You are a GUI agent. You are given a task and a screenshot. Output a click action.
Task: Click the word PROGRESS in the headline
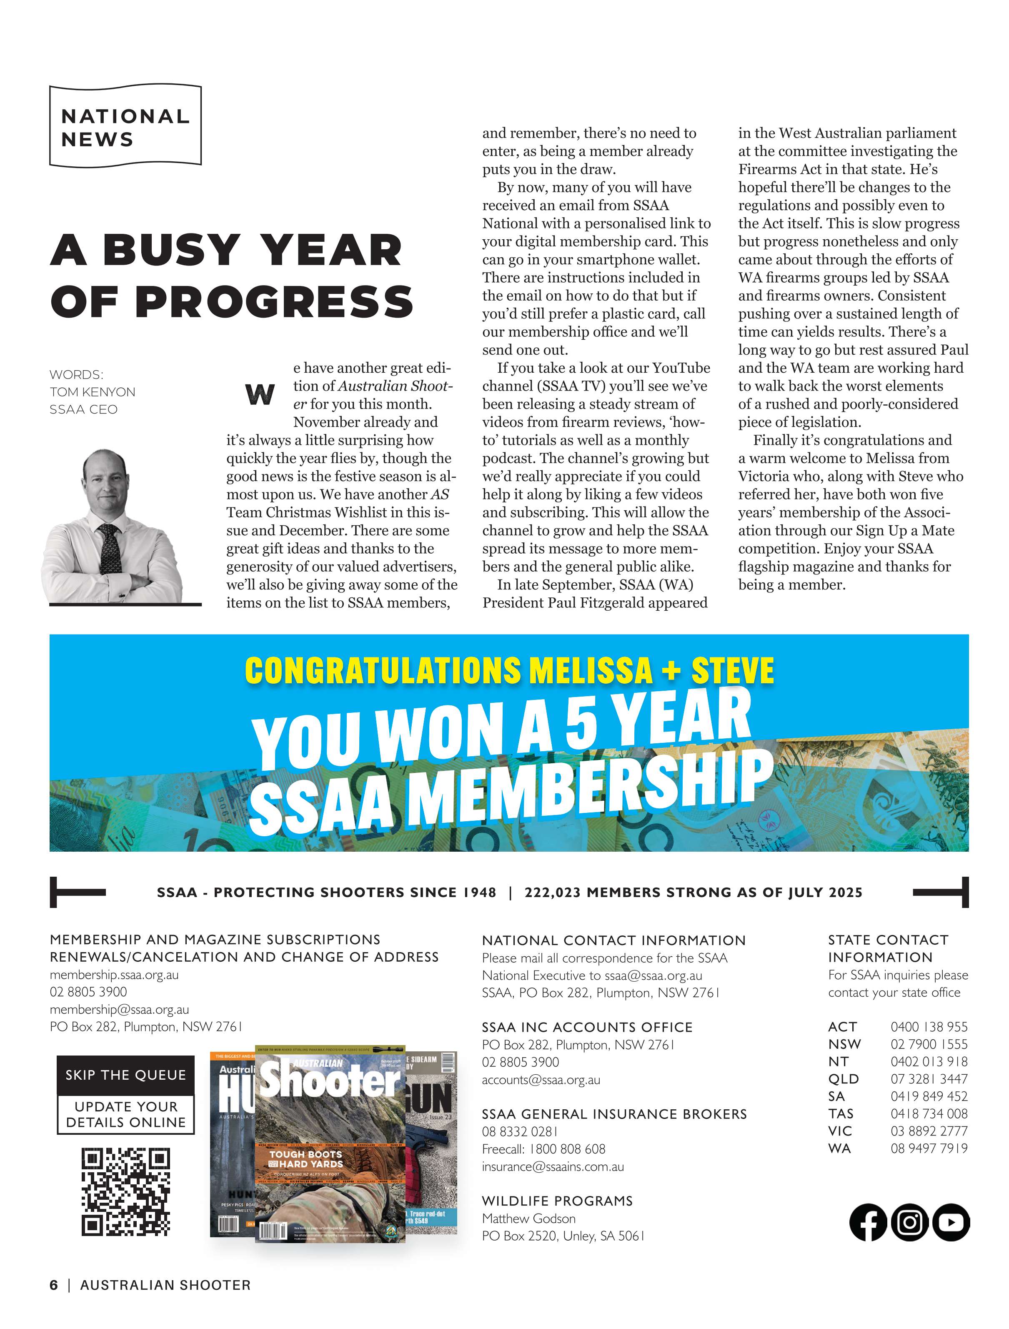274,301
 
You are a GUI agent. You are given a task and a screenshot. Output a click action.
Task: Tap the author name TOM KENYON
93,392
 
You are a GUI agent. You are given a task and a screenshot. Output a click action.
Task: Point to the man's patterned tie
110,550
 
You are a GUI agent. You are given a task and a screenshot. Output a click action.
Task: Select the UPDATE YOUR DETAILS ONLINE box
125,1114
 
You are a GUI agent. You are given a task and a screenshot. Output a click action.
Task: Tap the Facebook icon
868,1222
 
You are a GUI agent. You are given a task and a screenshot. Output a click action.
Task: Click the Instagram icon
910,1222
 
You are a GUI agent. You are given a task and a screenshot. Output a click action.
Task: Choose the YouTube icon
951,1222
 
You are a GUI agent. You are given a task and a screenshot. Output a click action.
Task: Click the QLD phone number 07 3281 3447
929,1079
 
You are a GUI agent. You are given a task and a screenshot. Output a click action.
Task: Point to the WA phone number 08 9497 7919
929,1148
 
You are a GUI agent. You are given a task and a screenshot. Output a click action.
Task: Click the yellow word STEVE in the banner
732,670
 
